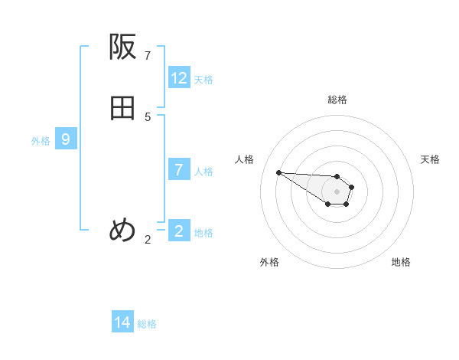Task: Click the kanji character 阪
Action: (122, 47)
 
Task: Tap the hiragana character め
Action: (122, 230)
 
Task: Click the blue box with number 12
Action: (179, 78)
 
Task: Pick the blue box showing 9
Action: (66, 139)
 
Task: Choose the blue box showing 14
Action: (122, 322)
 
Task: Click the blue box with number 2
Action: (179, 231)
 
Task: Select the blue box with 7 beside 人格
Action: (179, 170)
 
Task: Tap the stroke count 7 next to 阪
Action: (148, 56)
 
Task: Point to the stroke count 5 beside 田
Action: (148, 117)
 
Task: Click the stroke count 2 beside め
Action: (148, 240)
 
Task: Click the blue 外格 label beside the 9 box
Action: (41, 141)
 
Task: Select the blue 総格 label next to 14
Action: (147, 324)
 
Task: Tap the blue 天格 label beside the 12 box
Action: (203, 80)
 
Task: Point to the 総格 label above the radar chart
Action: (337, 100)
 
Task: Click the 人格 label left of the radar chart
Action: (245, 159)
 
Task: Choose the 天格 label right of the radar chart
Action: (430, 159)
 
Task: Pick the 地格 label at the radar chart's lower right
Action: (401, 262)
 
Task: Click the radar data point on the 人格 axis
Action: (278, 172)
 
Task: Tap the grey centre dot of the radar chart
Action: (337, 191)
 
